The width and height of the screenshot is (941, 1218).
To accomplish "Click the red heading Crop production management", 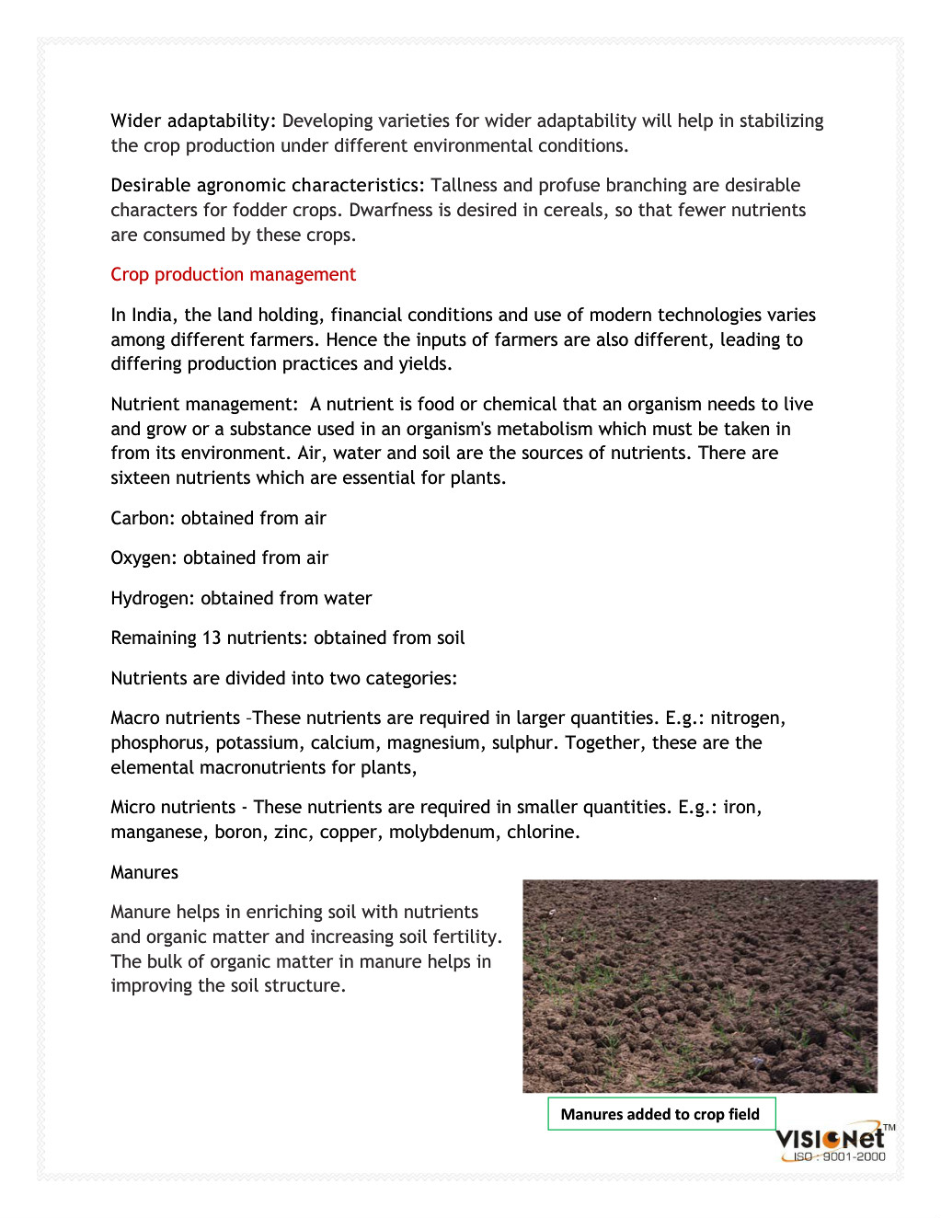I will pos(233,275).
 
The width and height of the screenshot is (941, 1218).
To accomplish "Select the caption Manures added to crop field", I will pos(660,1114).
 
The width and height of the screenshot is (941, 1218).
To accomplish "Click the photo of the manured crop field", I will pos(699,986).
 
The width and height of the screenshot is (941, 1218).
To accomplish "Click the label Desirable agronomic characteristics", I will pos(268,186).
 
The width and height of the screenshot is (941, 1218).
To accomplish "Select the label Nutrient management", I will pos(203,405).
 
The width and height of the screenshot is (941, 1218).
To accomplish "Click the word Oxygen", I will pos(143,558).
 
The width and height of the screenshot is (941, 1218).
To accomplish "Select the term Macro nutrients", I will pos(175,718).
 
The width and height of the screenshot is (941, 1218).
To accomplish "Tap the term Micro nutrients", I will pos(173,808).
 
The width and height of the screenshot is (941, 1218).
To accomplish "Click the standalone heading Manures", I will pos(144,873).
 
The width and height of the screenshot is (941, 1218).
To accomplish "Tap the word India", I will pos(152,316).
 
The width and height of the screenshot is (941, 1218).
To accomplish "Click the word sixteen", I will pos(141,478).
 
